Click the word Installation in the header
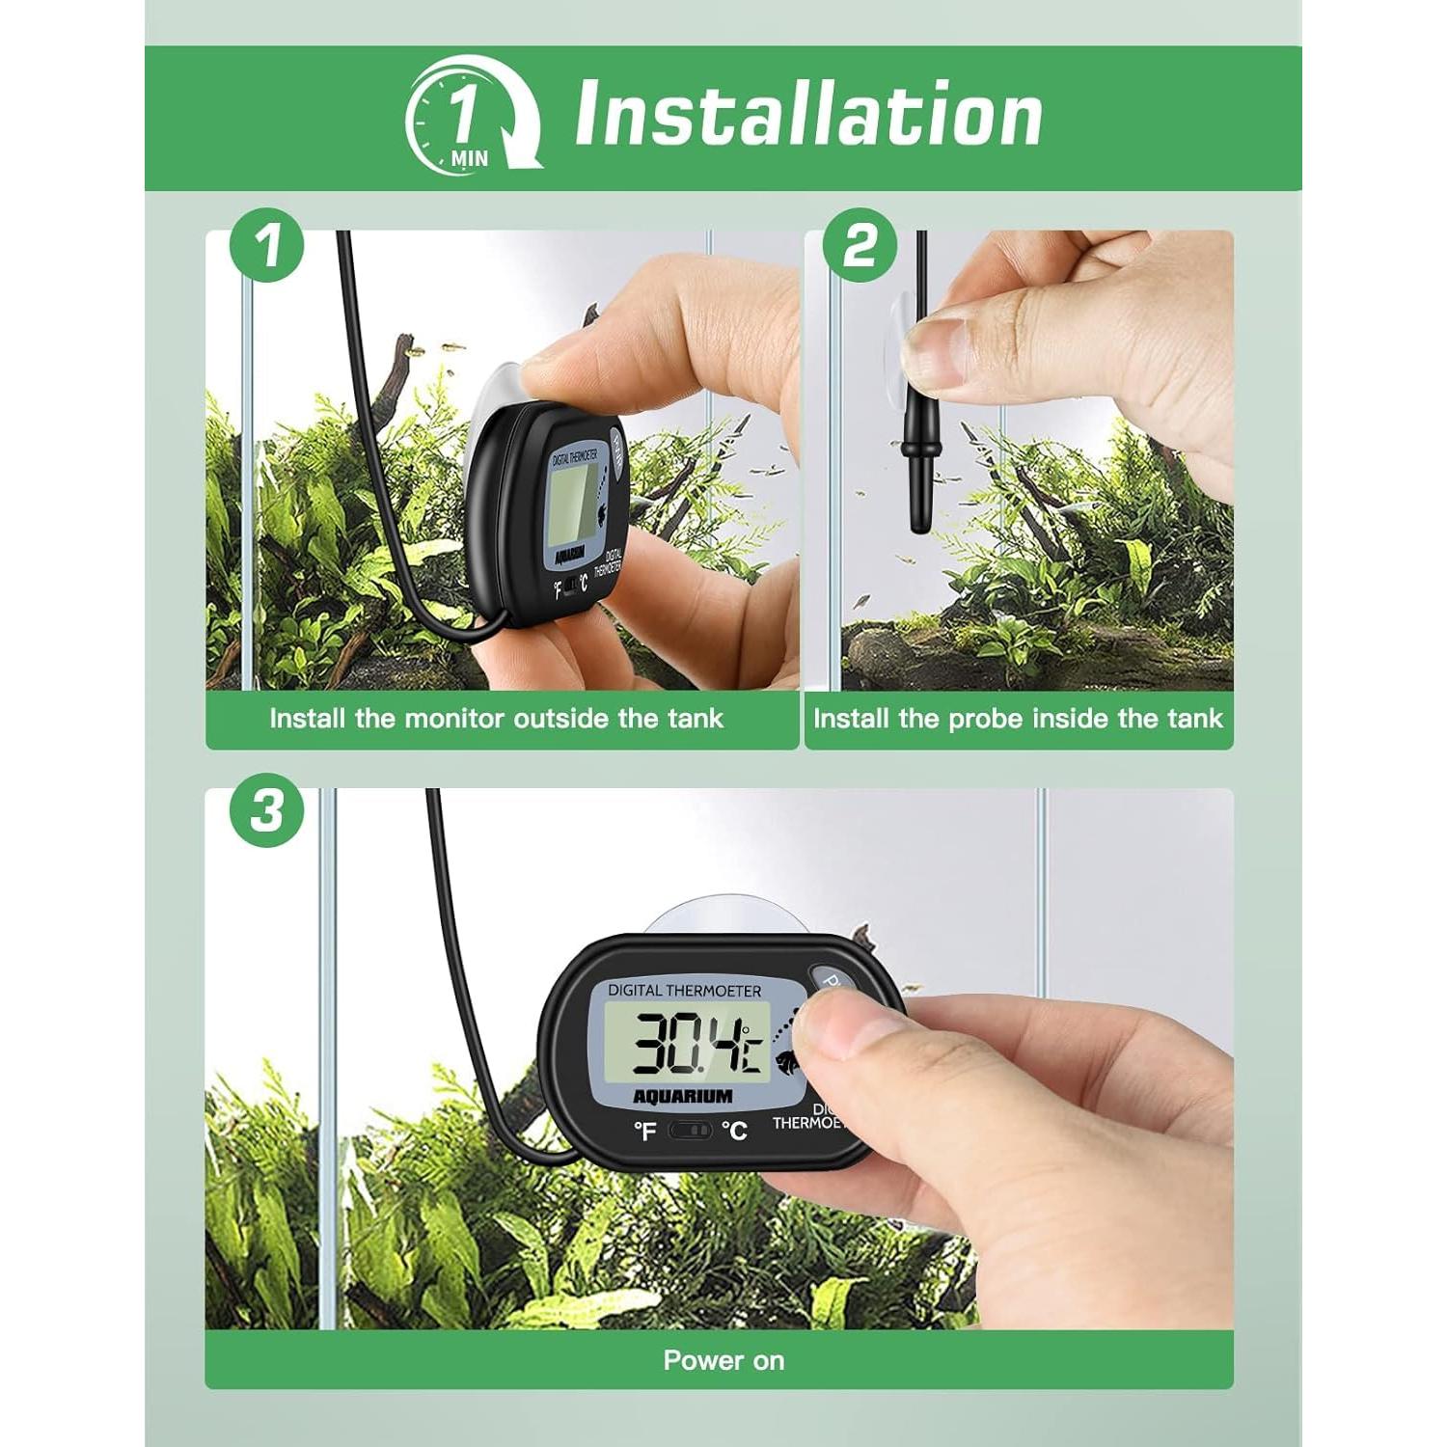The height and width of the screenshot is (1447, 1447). [808, 114]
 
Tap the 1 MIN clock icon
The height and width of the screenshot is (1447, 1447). [472, 116]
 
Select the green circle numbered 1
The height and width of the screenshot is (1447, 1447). [267, 245]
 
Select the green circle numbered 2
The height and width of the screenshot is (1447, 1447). [860, 245]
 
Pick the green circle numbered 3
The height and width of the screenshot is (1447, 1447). [267, 810]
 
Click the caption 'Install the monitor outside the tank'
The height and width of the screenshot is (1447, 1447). [496, 719]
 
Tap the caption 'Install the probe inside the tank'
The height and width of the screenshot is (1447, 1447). [1017, 719]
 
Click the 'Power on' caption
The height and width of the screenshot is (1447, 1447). [723, 1360]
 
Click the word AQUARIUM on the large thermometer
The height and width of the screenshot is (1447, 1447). [683, 1097]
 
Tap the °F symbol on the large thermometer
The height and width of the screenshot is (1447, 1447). [644, 1131]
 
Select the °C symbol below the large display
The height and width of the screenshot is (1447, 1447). [734, 1130]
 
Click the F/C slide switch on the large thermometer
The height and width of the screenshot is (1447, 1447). [690, 1130]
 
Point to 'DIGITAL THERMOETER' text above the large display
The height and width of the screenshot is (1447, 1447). [684, 991]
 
